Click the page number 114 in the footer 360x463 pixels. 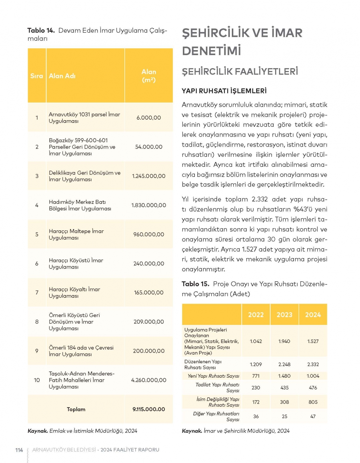pos(19,450)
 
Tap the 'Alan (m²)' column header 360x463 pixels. pos(149,76)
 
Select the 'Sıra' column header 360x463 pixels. pos(36,76)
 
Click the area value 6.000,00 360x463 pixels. pos(149,117)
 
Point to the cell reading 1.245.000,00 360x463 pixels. pos(149,176)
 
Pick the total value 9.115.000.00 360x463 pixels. pos(149,409)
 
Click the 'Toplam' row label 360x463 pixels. pos(76,409)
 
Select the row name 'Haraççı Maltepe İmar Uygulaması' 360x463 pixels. pos(76,234)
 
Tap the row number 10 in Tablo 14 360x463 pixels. pos(37,380)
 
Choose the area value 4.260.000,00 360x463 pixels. pos(149,380)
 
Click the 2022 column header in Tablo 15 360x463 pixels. pos(256,315)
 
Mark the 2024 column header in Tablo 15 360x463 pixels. pos(313,315)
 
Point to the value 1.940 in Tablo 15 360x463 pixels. pos(284,341)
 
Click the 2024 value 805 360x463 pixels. pos(313,402)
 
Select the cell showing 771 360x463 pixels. pos(256,376)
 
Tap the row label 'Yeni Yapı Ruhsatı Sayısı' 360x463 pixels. pos(213,376)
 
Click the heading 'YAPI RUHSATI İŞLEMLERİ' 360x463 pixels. pos(224,91)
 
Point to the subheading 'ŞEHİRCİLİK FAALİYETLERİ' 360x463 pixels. pos(240,71)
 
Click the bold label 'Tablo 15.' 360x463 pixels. pos(195,284)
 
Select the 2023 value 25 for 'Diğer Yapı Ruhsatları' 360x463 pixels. pos(284,416)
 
